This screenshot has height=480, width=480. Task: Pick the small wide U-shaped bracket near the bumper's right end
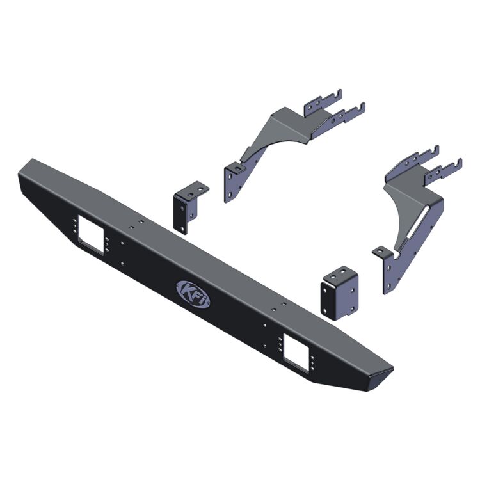(x=340, y=294)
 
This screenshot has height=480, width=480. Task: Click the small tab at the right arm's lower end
(x=380, y=252)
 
